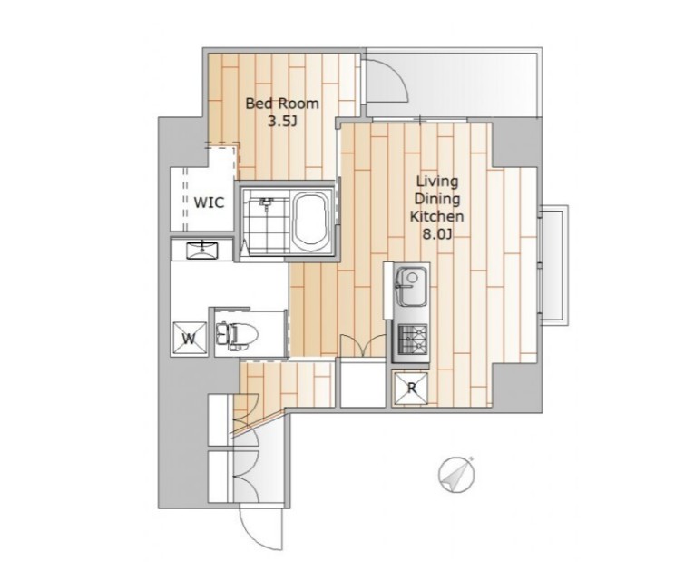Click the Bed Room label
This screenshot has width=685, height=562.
(x=282, y=104)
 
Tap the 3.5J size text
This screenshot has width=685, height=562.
(x=282, y=121)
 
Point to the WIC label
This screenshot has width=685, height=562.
(x=209, y=202)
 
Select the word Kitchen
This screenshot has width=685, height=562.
(x=436, y=216)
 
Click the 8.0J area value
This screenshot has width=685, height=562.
(x=436, y=234)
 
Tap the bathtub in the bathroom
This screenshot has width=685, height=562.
(x=311, y=222)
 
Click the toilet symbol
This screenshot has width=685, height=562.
(x=236, y=336)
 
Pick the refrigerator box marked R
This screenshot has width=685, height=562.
(x=411, y=388)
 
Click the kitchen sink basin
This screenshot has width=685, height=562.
(x=411, y=287)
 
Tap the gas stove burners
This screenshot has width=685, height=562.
(x=413, y=338)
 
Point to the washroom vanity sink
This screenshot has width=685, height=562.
(x=202, y=251)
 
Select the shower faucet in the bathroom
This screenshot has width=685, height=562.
(x=266, y=203)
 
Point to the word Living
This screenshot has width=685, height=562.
(x=436, y=182)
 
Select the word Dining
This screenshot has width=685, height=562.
(x=436, y=199)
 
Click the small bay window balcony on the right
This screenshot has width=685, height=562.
(x=554, y=265)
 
